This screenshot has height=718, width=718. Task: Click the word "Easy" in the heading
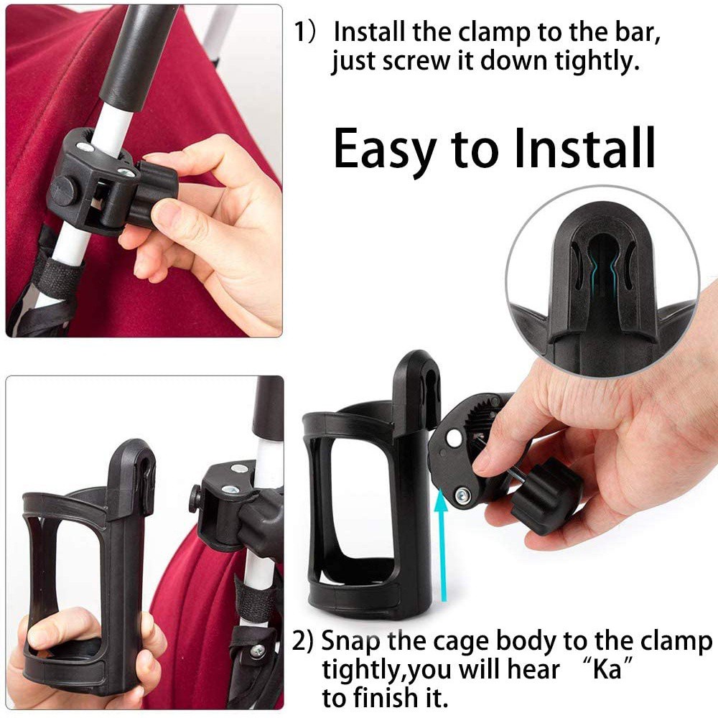(384, 149)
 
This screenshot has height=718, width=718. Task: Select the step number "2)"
(303, 641)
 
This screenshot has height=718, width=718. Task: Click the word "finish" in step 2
(384, 696)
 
